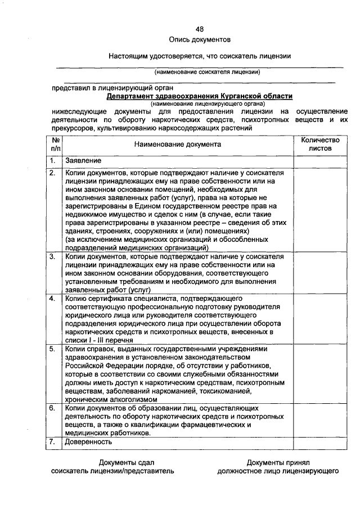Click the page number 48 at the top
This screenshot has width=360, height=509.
click(x=200, y=29)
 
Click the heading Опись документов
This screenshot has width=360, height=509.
click(x=200, y=40)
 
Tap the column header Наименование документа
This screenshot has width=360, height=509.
click(x=178, y=145)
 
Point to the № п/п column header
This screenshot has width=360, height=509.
click(x=55, y=145)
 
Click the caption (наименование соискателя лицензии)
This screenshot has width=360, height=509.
click(x=208, y=72)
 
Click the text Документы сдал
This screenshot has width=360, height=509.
click(x=115, y=462)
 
